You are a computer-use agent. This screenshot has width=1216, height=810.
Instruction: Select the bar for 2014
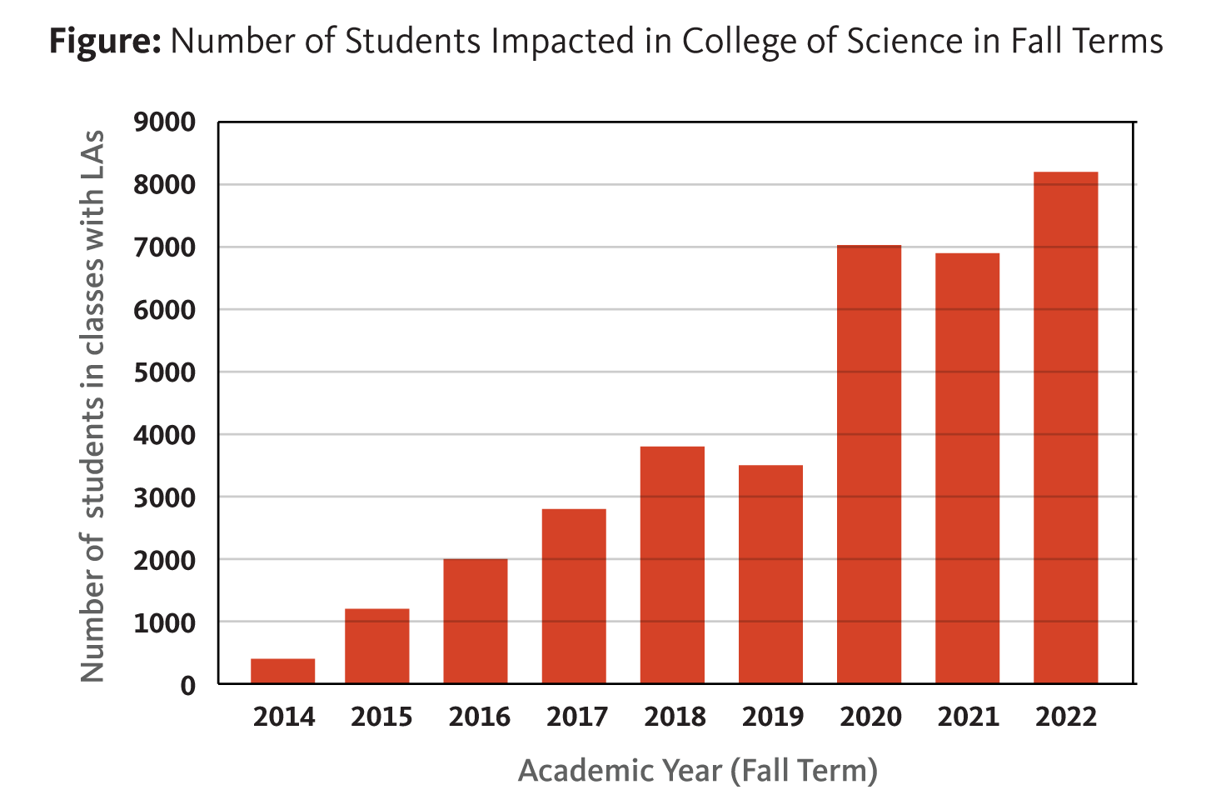tap(283, 671)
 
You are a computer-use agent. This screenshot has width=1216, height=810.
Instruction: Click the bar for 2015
tap(377, 646)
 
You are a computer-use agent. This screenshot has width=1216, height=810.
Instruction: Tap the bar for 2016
tap(476, 621)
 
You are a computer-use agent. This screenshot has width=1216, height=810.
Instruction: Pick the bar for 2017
tap(574, 596)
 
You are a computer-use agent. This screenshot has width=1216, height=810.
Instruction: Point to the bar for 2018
tap(672, 565)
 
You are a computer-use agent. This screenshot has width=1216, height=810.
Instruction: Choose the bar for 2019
tap(770, 574)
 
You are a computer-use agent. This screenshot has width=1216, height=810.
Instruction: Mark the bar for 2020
tap(869, 464)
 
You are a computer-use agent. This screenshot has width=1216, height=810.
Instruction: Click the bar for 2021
tap(967, 468)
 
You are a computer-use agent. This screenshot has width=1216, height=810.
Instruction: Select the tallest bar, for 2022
tap(1065, 427)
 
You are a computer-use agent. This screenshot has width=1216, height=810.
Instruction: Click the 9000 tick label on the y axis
tap(165, 122)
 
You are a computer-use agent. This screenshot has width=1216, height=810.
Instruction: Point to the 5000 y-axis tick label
tap(165, 372)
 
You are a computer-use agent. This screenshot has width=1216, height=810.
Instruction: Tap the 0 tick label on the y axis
tap(188, 685)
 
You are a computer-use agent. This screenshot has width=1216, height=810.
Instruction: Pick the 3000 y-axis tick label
tap(165, 497)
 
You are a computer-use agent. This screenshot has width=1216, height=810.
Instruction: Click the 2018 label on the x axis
tap(675, 717)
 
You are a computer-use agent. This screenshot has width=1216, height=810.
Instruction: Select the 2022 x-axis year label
tap(1066, 717)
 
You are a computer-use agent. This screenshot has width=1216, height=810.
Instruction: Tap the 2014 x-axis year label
tap(284, 717)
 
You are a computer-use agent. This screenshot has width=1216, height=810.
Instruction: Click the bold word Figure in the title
tap(105, 41)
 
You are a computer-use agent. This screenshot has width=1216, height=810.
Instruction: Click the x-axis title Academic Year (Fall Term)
tap(698, 770)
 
